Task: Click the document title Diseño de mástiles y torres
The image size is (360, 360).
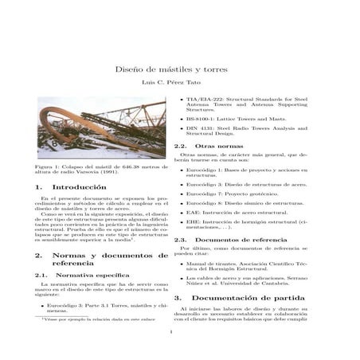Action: tap(179, 70)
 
